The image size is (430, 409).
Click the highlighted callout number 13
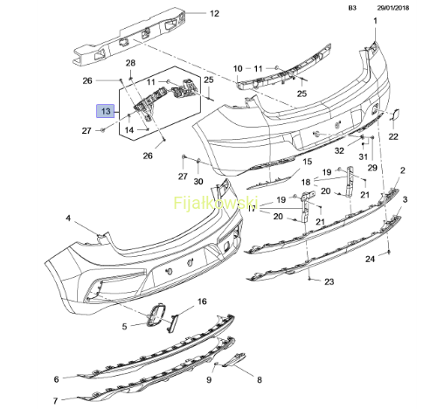pos(106,111)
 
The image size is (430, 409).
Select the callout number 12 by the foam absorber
pos(214,14)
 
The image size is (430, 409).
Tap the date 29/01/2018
pos(393,8)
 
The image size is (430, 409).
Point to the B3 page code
pos(352,8)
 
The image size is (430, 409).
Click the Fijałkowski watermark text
pos(216,203)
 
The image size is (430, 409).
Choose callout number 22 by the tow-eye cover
pos(393,136)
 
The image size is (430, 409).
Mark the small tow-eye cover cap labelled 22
pos(395,114)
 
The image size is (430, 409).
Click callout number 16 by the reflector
pos(202,302)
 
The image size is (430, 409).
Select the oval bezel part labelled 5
pos(156,315)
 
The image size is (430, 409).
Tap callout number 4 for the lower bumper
pos(68,218)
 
